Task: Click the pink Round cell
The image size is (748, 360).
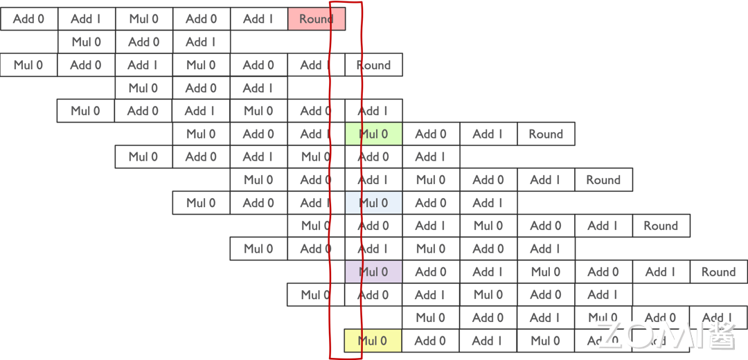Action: [316, 19]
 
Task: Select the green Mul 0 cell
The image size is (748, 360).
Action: [373, 134]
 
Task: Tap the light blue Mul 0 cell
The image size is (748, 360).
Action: [373, 203]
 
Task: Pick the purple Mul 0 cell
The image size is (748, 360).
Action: [373, 272]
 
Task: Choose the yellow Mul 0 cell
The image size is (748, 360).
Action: [373, 341]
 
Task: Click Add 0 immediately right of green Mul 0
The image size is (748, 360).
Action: [431, 134]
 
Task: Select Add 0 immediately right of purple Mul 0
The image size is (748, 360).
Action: [431, 272]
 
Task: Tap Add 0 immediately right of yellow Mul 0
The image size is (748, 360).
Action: [431, 341]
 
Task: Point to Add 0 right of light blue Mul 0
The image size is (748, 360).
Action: [431, 203]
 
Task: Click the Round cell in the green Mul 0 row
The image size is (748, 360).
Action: [546, 134]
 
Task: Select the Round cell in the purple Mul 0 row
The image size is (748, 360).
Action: [718, 272]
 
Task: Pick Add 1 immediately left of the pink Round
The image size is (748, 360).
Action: [258, 19]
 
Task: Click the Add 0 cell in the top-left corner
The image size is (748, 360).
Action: [28, 19]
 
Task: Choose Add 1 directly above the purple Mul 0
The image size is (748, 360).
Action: [373, 249]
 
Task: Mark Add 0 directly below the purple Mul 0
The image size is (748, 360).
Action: [373, 295]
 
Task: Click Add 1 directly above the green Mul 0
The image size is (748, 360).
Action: [373, 111]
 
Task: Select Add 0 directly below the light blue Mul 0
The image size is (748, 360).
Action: [373, 226]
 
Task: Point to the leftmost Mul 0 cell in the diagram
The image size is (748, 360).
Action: [28, 65]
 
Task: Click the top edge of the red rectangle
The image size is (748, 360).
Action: [346, 3]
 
